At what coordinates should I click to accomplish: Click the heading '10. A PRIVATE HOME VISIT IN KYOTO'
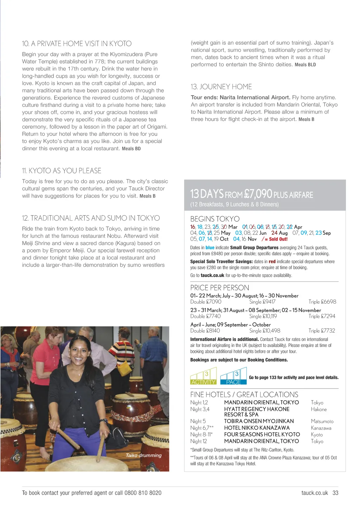77,44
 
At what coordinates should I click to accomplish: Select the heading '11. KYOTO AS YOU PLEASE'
62,171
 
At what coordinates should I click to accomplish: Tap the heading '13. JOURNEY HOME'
221,87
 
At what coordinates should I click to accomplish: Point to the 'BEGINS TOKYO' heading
215,219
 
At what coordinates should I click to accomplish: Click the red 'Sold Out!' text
278,239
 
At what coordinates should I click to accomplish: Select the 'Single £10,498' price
265,331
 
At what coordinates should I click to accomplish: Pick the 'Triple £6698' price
322,302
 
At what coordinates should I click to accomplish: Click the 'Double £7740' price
205,316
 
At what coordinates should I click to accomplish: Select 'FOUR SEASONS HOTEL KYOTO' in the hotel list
262,434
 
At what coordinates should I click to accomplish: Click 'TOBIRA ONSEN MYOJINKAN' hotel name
259,421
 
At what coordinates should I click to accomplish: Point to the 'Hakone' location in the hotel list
319,410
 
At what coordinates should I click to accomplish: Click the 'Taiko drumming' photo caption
143,455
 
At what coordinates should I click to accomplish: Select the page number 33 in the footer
335,493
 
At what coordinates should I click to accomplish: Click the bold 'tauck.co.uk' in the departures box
212,276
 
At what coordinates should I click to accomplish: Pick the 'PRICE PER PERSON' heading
219,288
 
